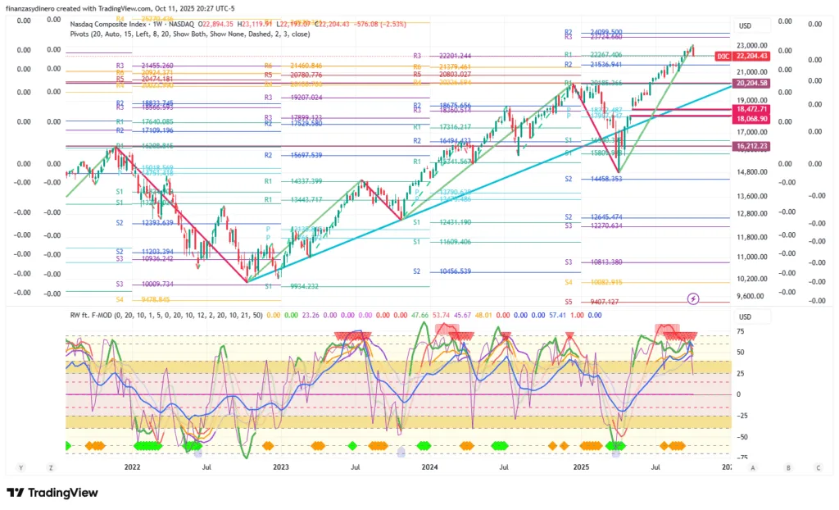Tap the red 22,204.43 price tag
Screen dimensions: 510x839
[752, 56]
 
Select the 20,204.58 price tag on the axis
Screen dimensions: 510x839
[752, 84]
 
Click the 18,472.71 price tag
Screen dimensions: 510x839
[752, 109]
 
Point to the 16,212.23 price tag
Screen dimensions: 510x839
[752, 146]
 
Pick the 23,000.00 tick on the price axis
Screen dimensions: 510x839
[752, 45]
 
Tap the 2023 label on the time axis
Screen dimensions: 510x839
[281, 467]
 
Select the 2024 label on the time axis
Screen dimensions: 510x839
[431, 467]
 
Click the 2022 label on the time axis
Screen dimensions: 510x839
[132, 467]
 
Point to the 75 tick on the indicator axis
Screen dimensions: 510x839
[740, 332]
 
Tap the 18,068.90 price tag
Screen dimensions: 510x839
[752, 119]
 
